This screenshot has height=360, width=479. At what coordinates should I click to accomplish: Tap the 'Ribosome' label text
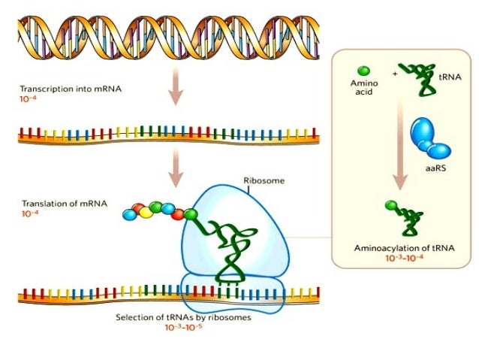[x=259, y=181]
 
